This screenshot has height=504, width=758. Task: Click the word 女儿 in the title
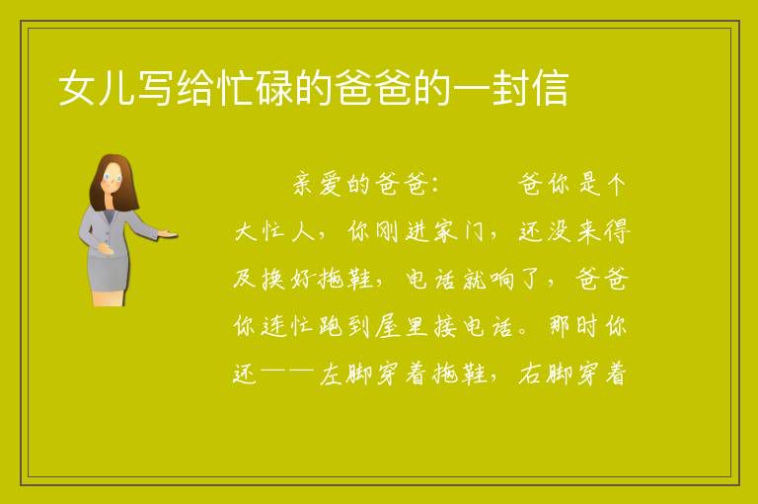click(x=96, y=88)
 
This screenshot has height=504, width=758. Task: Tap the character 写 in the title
click(x=155, y=88)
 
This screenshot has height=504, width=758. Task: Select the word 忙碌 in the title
click(x=255, y=88)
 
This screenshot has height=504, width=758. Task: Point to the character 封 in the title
click(x=510, y=88)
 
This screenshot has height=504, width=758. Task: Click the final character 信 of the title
click(x=550, y=88)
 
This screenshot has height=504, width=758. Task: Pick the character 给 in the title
click(x=194, y=88)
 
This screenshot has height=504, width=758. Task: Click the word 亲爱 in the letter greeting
click(x=318, y=184)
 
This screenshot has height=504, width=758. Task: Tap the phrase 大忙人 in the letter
click(x=274, y=231)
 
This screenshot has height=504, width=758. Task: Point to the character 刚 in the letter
click(x=387, y=231)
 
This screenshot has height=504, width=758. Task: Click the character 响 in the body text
click(x=502, y=279)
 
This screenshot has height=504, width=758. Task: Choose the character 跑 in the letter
click(x=331, y=326)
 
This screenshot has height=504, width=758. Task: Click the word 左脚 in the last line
click(x=345, y=374)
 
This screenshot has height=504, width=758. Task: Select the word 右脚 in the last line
click(x=545, y=374)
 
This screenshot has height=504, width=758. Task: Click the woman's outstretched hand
click(x=168, y=235)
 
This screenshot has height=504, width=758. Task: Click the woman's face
click(x=113, y=178)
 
